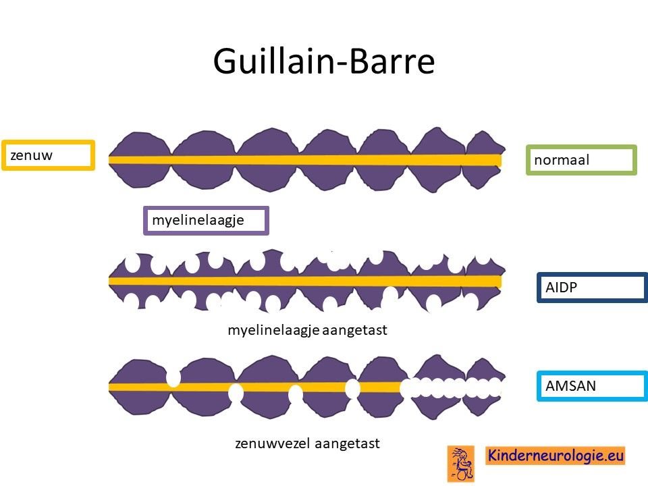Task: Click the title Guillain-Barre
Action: (323, 61)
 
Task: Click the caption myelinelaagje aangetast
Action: (308, 330)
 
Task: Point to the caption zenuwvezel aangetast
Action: (308, 443)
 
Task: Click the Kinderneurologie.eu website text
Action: (556, 456)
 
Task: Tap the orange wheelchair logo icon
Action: (461, 464)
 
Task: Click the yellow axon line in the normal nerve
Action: (305, 161)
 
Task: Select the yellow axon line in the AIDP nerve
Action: (305, 281)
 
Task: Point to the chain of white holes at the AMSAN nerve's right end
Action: (452, 387)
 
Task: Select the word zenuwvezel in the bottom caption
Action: (272, 443)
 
